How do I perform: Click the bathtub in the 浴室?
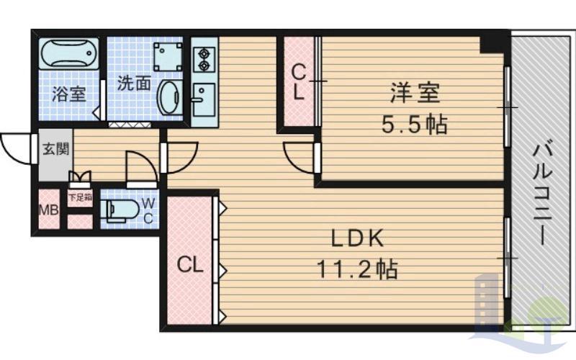click(x=69, y=53)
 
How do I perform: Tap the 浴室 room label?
click(x=68, y=94)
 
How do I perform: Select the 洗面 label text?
click(x=134, y=83)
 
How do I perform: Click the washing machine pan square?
click(x=168, y=57)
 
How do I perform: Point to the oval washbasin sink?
click(x=169, y=97)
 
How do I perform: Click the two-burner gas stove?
click(x=204, y=60)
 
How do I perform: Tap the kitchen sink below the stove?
click(x=204, y=99)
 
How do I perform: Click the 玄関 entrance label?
click(x=56, y=149)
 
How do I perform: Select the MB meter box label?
click(x=49, y=210)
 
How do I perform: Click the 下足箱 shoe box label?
click(x=80, y=197)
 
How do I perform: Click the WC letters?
click(x=148, y=210)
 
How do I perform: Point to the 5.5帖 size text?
click(x=415, y=124)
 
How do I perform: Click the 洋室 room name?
click(x=415, y=93)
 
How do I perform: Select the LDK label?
click(x=357, y=238)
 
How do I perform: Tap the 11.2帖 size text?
click(x=356, y=269)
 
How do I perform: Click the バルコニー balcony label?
click(x=542, y=194)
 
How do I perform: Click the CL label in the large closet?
click(x=190, y=264)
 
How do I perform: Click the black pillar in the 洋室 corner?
click(x=494, y=45)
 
